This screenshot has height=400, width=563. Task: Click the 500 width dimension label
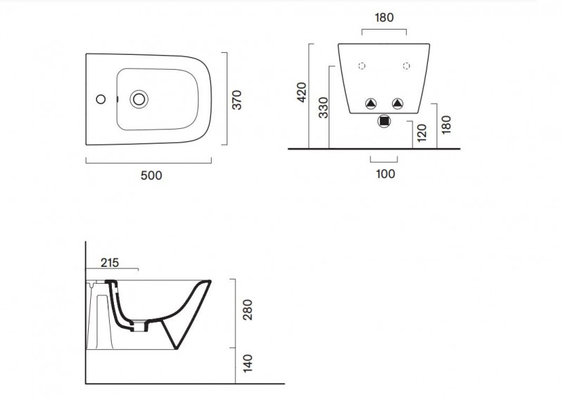click(151, 175)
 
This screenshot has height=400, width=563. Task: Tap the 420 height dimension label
click(302, 92)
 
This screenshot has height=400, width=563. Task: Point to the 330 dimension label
click(323, 107)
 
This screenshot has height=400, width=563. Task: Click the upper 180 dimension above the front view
click(384, 17)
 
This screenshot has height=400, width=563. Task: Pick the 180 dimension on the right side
click(446, 123)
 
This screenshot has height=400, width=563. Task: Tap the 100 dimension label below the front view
click(386, 174)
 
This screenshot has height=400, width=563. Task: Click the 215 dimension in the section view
click(109, 263)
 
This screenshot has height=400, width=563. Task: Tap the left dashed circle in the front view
click(362, 66)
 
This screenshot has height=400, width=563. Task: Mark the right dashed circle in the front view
click(406, 66)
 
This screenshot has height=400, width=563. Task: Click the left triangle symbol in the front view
click(371, 104)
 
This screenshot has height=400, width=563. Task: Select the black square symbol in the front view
click(384, 121)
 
